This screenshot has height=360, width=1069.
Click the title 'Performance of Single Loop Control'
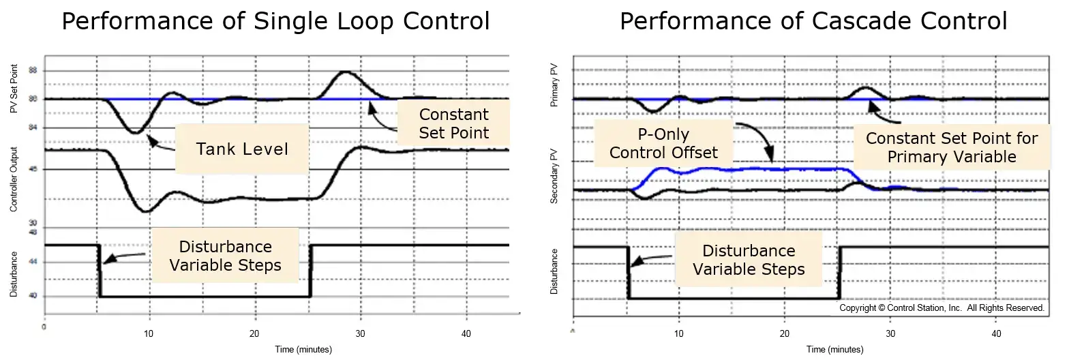tap(275, 21)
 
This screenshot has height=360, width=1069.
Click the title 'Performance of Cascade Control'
tap(813, 21)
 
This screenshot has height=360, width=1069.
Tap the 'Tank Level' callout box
tap(242, 149)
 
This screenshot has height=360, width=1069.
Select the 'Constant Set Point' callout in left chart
tap(454, 123)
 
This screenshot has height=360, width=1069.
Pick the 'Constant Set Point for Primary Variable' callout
tap(952, 147)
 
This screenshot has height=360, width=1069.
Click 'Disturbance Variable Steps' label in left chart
tap(225, 256)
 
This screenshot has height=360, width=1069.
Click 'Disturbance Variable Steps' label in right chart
tap(749, 260)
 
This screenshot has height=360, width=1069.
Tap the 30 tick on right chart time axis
tap(890, 334)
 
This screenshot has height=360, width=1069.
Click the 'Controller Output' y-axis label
tap(14, 178)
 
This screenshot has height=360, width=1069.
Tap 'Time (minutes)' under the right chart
tap(834, 350)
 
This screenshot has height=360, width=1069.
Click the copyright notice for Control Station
tap(942, 308)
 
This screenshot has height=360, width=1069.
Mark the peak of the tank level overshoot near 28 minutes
tap(346, 72)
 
